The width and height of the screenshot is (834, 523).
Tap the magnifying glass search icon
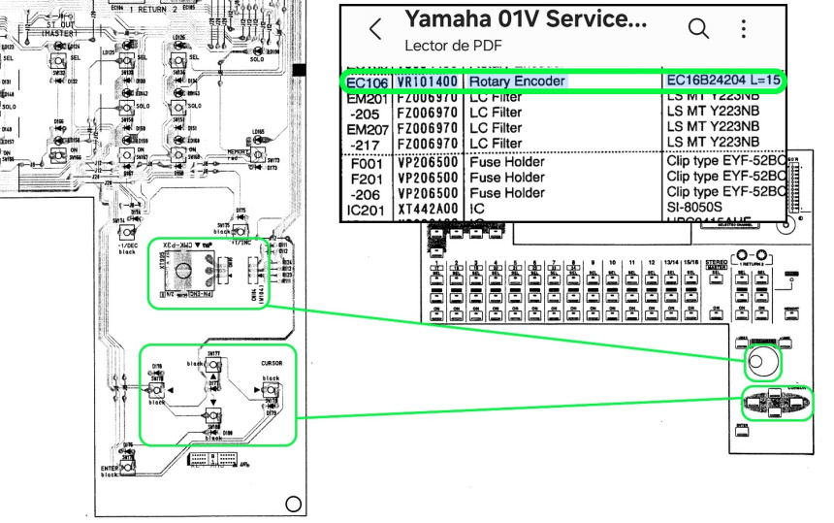click(698, 29)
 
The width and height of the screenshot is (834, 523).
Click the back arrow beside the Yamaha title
click(375, 31)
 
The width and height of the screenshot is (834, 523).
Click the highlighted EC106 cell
click(368, 82)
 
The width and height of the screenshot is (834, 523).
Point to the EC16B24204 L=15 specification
click(722, 81)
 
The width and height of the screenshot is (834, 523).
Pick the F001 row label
click(368, 162)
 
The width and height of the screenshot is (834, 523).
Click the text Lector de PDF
click(447, 45)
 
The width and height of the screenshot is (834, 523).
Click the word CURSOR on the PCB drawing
click(271, 364)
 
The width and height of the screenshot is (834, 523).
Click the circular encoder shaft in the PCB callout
click(181, 274)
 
